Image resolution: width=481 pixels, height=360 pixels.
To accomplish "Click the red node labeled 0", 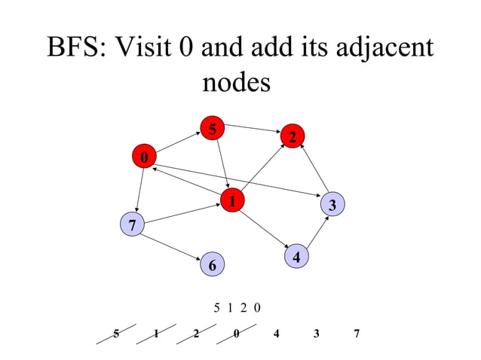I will point(143,157).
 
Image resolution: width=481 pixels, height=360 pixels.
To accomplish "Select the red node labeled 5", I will point(213,129).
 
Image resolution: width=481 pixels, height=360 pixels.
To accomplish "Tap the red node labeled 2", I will point(293,136).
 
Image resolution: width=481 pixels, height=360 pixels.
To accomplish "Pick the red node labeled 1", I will point(233,200).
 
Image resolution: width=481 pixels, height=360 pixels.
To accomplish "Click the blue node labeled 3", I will point(332,203).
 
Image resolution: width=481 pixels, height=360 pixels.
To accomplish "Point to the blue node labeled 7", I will point(132,224).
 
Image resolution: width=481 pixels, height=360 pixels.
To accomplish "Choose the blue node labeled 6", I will point(212,265).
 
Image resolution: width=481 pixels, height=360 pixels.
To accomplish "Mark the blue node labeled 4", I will point(297,257).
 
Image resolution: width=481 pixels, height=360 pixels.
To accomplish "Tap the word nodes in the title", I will point(236,82).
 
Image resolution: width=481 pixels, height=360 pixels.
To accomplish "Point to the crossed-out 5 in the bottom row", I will point(116,333).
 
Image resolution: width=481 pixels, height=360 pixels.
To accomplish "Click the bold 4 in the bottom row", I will point(277,333).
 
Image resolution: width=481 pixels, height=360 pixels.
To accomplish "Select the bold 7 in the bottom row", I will point(357,333).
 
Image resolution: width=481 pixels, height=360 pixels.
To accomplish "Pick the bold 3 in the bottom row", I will point(317,333).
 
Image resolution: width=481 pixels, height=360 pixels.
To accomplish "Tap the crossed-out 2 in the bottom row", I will point(196,333).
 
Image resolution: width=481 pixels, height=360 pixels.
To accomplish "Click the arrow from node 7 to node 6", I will point(172,244).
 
